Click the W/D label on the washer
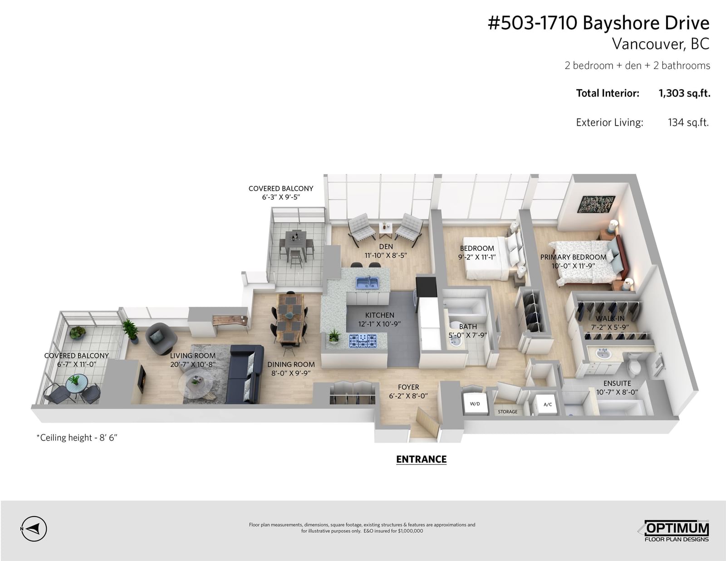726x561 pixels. tap(475, 404)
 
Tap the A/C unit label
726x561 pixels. tap(548, 405)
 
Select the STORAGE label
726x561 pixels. tap(507, 412)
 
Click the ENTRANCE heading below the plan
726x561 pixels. tap(421, 459)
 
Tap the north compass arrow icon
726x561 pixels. tap(34, 529)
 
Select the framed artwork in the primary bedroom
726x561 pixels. tap(596, 204)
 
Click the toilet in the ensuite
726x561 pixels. tap(633, 366)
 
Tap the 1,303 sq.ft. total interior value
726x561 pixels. tap(684, 93)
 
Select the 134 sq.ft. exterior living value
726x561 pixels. tap(688, 122)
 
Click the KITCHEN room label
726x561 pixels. tap(379, 315)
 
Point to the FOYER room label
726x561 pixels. tap(408, 387)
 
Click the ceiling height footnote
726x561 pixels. tap(77, 438)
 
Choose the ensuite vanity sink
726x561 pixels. tap(603, 354)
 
